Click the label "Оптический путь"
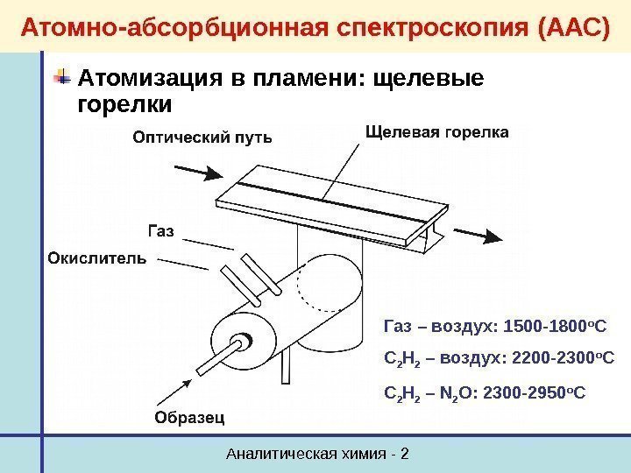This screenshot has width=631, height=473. (202, 138)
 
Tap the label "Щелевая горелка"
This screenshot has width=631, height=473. (435, 132)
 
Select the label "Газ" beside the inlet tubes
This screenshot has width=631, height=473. (159, 230)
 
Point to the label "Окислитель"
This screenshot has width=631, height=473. (96, 259)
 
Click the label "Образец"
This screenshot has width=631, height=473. (189, 418)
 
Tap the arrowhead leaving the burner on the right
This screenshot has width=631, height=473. (496, 237)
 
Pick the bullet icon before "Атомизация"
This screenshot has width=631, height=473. (63, 79)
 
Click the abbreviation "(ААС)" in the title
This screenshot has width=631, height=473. (568, 26)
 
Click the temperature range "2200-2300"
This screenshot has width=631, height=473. (529, 357)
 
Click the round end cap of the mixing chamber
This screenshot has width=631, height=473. (240, 342)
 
